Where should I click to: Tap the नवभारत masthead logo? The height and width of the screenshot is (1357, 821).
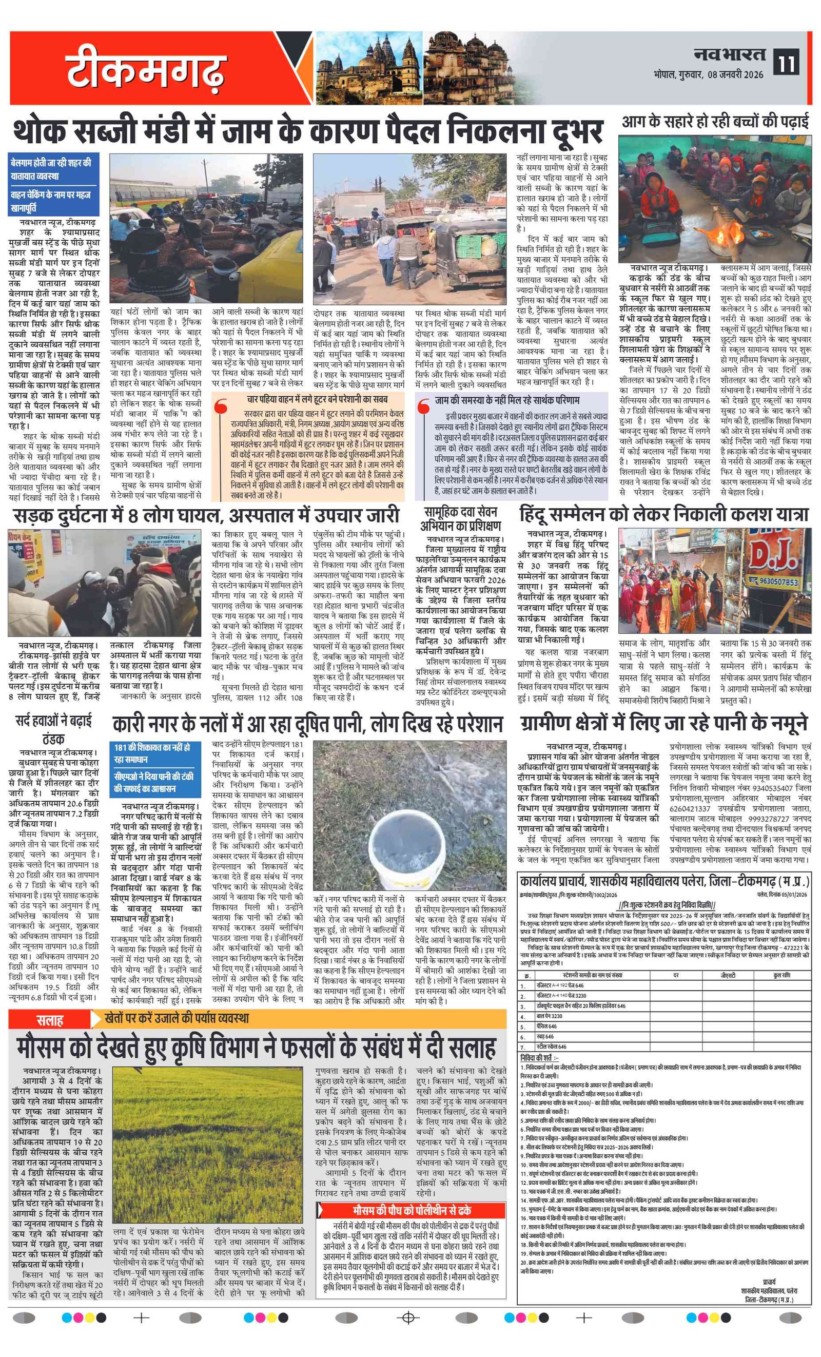(x=729, y=54)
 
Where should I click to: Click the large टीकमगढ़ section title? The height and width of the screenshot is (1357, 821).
(x=146, y=70)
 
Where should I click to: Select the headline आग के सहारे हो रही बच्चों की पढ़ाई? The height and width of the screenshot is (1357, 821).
(x=715, y=121)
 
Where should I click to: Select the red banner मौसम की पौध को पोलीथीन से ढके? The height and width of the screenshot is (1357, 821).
(x=412, y=1210)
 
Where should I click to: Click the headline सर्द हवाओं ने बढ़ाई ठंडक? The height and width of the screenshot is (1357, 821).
(x=53, y=729)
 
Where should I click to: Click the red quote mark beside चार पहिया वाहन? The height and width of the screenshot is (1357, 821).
(x=221, y=406)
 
